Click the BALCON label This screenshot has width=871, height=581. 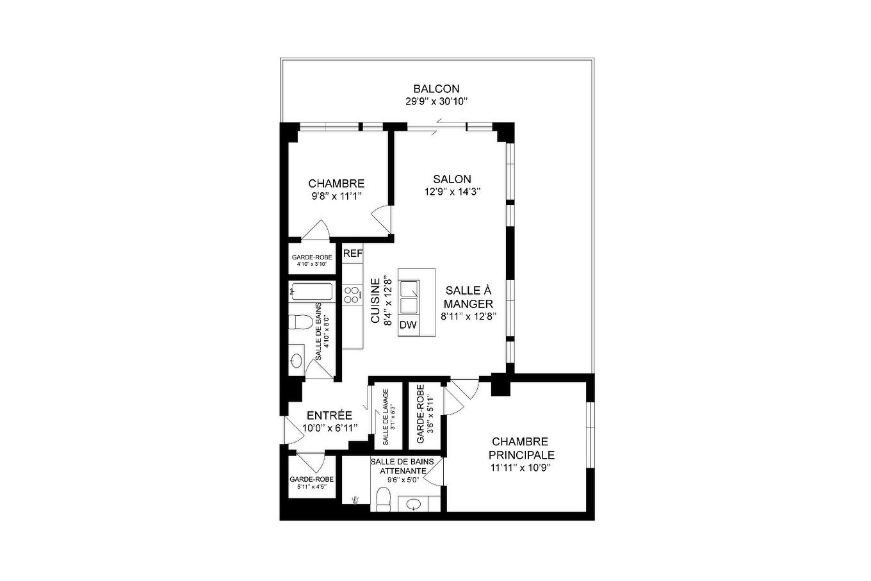click(x=435, y=89)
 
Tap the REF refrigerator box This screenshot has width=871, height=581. click(x=353, y=254)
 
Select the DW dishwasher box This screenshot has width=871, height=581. click(x=408, y=325)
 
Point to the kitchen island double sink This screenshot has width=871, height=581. click(x=408, y=296)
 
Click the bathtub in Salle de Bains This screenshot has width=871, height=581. click(x=311, y=293)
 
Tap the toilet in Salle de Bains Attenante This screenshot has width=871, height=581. click(x=384, y=499)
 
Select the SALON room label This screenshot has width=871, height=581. click(x=452, y=179)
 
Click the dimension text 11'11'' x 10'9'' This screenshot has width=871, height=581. click(x=521, y=468)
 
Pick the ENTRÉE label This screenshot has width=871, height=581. click(x=329, y=416)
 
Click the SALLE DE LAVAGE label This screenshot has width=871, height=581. click(x=386, y=417)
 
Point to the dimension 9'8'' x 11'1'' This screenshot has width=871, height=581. click(x=337, y=196)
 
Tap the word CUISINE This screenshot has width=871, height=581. click(x=375, y=301)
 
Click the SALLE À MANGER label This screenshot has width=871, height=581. click(x=468, y=297)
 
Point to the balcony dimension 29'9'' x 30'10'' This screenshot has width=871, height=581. click(x=437, y=101)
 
